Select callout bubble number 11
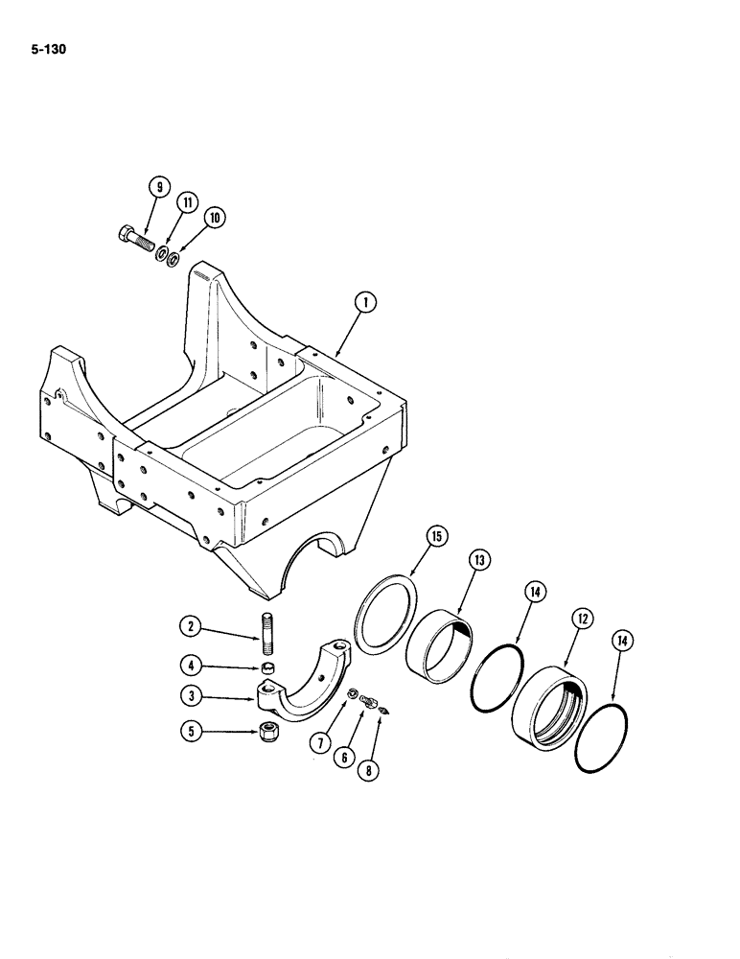tap(186, 203)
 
